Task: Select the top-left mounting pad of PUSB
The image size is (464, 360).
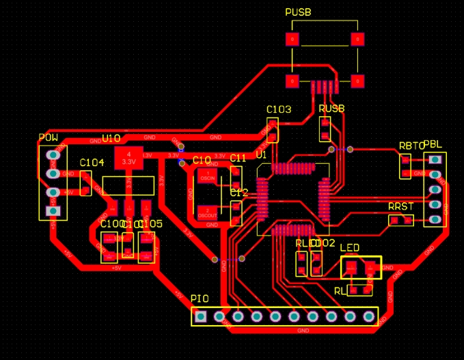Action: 292,40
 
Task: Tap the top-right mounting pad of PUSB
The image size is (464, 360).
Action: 356,40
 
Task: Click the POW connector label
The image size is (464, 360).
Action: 48,138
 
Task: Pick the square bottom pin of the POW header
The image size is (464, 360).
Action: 53,211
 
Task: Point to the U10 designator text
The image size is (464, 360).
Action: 111,139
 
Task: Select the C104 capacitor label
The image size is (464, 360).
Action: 92,163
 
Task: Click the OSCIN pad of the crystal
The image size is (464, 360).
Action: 207,176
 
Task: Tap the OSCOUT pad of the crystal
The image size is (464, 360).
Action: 207,212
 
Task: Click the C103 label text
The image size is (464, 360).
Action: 279,109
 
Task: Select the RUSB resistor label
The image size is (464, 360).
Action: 331,109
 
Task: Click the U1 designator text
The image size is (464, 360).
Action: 260,156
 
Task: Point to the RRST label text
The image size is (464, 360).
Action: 400,206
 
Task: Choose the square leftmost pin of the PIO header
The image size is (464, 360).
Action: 201,316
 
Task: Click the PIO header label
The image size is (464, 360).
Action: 200,299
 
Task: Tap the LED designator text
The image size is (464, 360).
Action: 349,247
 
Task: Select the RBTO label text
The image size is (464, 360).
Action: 411,146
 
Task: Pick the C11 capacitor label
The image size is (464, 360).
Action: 238,158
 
